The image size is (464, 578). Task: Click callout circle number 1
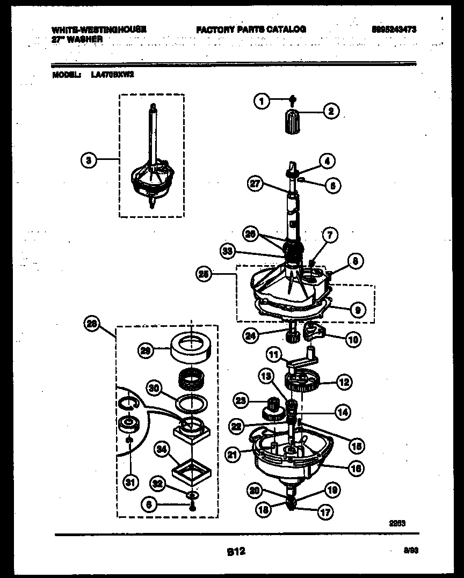point(262,100)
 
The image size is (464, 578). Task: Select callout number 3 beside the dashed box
point(89,159)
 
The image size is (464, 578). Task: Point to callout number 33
point(228,250)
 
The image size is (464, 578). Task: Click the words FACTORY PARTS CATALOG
point(251,30)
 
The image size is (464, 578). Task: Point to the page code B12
point(235,550)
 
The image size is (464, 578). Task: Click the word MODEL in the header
point(66,75)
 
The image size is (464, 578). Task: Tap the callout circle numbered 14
point(342,412)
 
